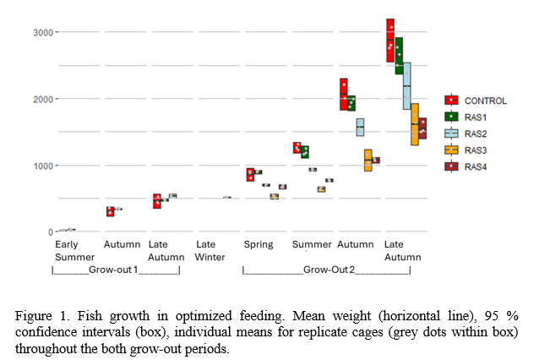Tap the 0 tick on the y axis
[x=50, y=232]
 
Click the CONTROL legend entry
[x=485, y=101]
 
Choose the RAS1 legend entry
[x=478, y=117]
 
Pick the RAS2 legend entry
[x=478, y=133]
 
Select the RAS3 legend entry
[x=478, y=150]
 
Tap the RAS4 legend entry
[x=478, y=166]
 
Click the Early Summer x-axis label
[x=69, y=250]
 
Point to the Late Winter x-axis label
[x=210, y=250]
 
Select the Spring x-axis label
[x=259, y=245]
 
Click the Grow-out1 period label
[x=116, y=270]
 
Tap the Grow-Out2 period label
[x=328, y=270]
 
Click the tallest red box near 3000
[x=390, y=41]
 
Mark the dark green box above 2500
[x=399, y=56]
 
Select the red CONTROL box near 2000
[x=344, y=94]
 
